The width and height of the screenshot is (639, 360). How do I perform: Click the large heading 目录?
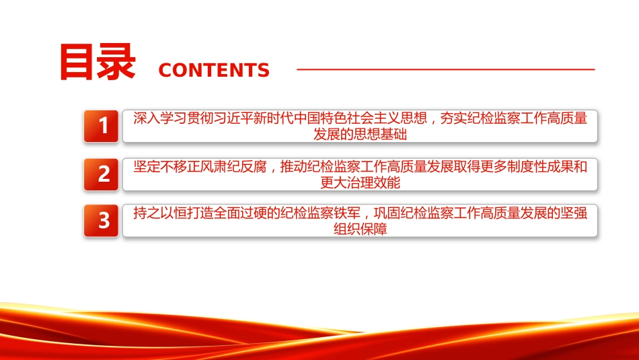point(98,62)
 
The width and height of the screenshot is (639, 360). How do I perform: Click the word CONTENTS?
point(214,70)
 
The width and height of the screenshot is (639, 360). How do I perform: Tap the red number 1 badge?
point(101,126)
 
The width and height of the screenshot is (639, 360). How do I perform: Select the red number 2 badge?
point(101,174)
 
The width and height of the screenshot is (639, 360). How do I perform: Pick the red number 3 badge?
point(101,220)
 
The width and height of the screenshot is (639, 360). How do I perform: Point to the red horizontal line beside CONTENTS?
point(446,69)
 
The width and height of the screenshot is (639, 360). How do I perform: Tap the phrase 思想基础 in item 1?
point(380,134)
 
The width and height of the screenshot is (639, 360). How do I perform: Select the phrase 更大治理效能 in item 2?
point(361,182)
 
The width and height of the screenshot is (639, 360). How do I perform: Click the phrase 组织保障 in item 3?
point(361,229)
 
